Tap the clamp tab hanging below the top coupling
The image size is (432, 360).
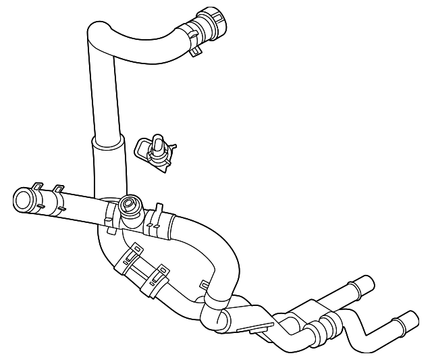coord(196,49)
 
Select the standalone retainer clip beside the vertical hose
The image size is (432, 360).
coord(155,150)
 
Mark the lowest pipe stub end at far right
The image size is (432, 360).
coord(408,319)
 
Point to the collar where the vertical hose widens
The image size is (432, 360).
coord(108,142)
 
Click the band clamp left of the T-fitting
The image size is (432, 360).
coord(110,215)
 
